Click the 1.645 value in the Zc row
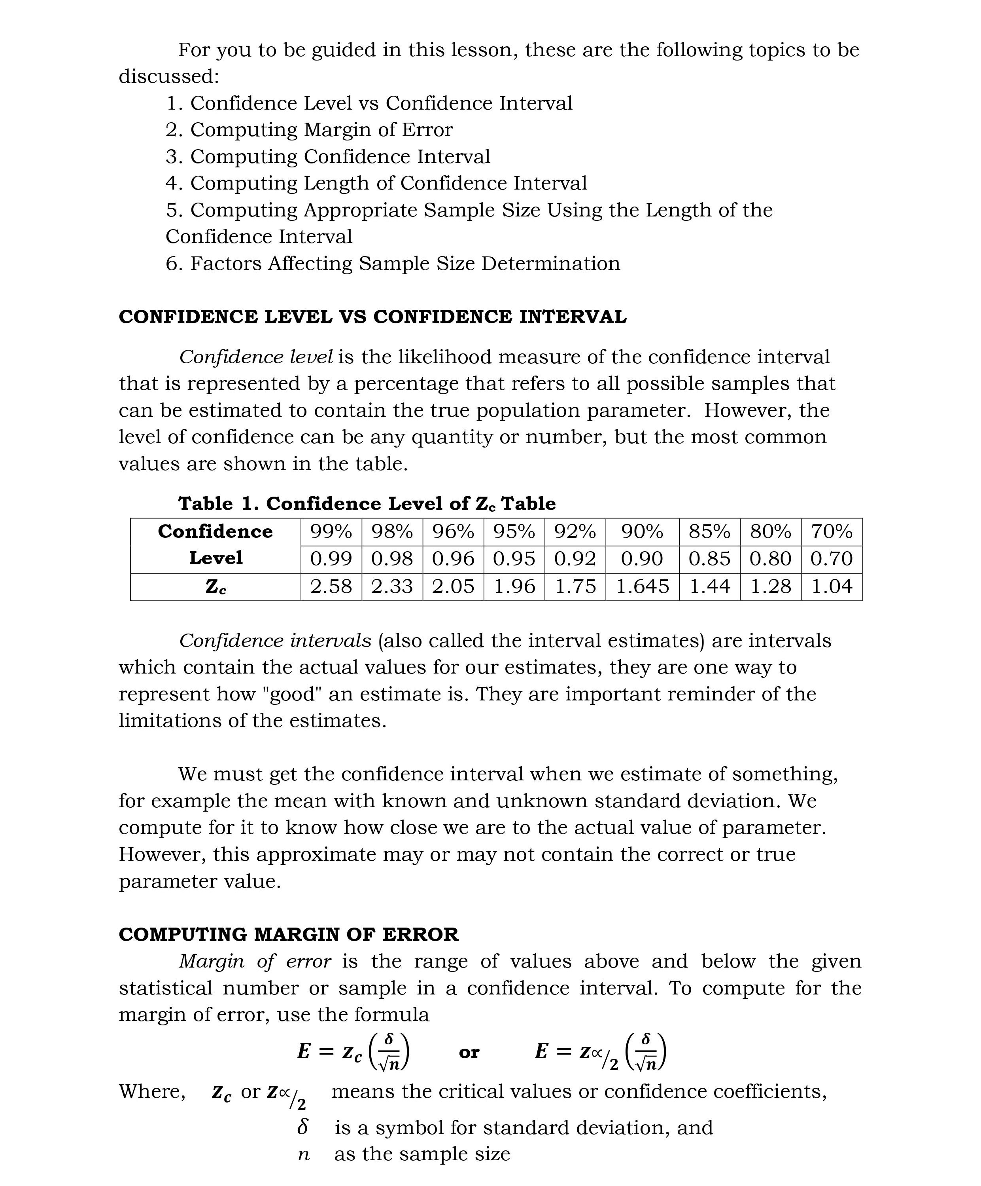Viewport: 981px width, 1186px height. pos(642,586)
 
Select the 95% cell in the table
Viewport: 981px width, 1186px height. pos(514,531)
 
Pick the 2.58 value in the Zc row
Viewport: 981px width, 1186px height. pos(331,586)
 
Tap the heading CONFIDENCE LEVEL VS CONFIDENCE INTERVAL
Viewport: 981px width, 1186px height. pos(372,317)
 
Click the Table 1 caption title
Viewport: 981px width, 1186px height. pos(367,503)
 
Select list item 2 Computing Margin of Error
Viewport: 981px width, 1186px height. pos(309,130)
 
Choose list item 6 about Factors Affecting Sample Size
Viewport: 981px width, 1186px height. pos(393,264)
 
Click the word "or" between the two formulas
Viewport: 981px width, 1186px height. pos(469,1052)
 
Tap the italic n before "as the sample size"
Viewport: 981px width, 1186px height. pos(304,1154)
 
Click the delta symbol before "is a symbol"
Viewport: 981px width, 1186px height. pos(303,1127)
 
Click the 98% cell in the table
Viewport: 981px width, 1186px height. pos(392,531)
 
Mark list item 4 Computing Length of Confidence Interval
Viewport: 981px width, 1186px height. pos(376,184)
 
